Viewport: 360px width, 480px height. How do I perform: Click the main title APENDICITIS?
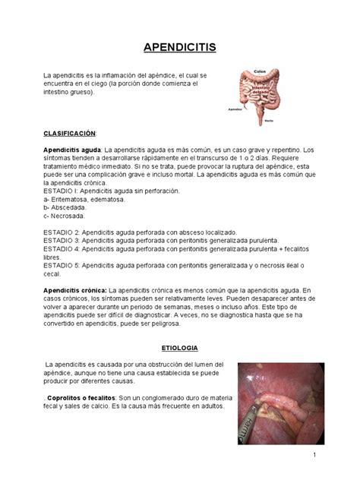(180, 48)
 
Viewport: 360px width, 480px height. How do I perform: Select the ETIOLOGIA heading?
(179, 348)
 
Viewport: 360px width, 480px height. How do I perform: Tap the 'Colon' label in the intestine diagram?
(259, 71)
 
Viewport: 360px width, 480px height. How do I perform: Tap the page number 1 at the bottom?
(312, 454)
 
